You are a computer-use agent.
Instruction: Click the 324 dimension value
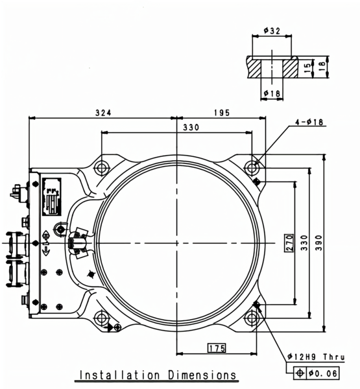pos(103,113)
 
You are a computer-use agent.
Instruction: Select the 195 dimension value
pos(222,113)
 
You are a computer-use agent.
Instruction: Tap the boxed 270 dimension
pos(289,243)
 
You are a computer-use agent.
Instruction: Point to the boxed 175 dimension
pos(217,348)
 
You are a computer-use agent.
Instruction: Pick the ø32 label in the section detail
pos(272,30)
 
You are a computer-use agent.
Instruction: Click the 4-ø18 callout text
pos(309,122)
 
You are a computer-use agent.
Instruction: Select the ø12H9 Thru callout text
pos(316,357)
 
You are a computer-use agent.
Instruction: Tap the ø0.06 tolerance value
pos(322,373)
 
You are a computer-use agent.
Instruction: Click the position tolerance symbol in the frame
pos(300,373)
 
